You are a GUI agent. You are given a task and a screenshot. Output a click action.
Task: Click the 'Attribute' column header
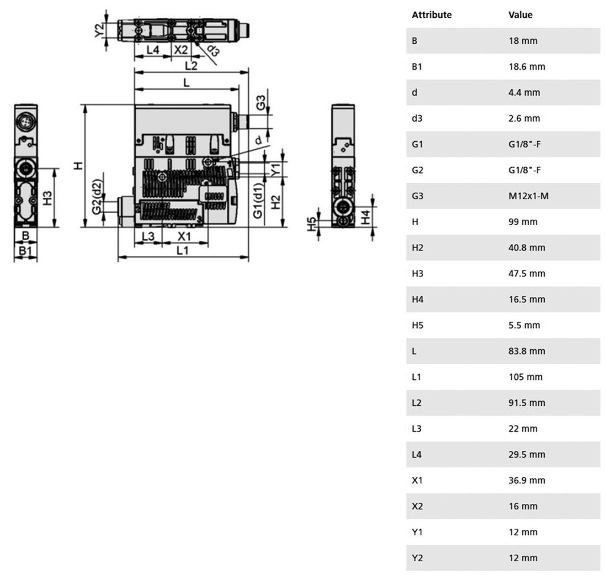click(431, 15)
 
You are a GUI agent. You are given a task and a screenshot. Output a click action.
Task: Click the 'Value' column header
click(520, 15)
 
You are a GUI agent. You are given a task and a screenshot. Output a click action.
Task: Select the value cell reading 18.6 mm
click(526, 66)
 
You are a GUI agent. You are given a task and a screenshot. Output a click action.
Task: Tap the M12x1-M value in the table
click(528, 196)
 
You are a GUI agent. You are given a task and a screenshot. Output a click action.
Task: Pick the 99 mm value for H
click(523, 222)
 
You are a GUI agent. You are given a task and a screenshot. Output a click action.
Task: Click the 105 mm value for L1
click(525, 376)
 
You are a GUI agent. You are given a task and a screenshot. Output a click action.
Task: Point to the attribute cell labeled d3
click(417, 118)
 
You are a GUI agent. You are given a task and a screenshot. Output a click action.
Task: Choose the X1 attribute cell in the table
click(417, 480)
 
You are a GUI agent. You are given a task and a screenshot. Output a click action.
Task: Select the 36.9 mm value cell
click(526, 480)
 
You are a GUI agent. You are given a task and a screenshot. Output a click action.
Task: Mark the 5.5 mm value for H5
click(524, 325)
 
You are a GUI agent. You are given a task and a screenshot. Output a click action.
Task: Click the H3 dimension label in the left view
click(47, 198)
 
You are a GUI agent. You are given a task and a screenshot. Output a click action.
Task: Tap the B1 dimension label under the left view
click(25, 250)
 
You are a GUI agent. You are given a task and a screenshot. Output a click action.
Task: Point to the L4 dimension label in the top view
click(153, 50)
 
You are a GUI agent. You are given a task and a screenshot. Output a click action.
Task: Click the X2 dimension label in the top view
click(181, 50)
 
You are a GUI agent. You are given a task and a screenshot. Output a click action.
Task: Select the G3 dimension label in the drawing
click(261, 103)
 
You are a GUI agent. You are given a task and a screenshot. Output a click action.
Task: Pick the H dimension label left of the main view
click(79, 166)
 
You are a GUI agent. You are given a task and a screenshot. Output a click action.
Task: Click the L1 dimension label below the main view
click(183, 250)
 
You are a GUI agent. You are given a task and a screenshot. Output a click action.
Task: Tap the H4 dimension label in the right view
click(365, 217)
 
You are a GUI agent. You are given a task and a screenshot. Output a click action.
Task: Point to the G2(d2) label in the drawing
click(97, 196)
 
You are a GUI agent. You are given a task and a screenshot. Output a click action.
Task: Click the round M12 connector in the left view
click(26, 122)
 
